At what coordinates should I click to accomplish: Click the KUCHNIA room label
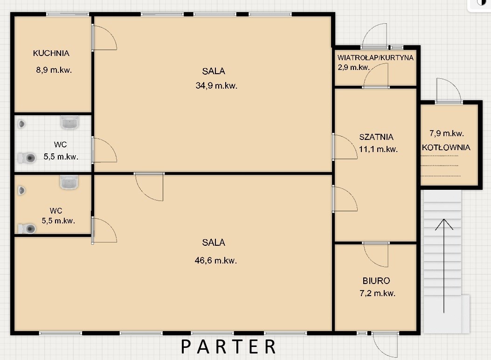pyautogui.click(x=51, y=53)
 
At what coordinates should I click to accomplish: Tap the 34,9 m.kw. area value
pyautogui.click(x=216, y=85)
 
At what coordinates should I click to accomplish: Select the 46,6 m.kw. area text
pyautogui.click(x=216, y=261)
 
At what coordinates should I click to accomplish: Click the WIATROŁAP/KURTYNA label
pyautogui.click(x=375, y=58)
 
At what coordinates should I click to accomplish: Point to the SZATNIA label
pyautogui.click(x=376, y=137)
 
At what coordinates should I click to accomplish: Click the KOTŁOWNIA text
pyautogui.click(x=446, y=147)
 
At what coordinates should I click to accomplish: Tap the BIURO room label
pyautogui.click(x=376, y=281)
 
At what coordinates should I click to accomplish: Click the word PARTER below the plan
pyautogui.click(x=228, y=346)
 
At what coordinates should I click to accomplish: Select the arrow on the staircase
pyautogui.click(x=444, y=266)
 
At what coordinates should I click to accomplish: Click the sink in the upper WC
pyautogui.click(x=69, y=122)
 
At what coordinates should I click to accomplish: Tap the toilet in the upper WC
pyautogui.click(x=27, y=158)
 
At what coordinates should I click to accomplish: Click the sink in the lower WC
pyautogui.click(x=69, y=182)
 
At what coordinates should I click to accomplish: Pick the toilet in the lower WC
pyautogui.click(x=27, y=228)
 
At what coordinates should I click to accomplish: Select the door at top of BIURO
pyautogui.click(x=376, y=254)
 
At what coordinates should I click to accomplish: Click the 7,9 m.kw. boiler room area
pyautogui.click(x=447, y=134)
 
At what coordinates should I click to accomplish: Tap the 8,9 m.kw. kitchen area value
pyautogui.click(x=54, y=70)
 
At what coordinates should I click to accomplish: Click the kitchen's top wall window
pyautogui.click(x=68, y=14)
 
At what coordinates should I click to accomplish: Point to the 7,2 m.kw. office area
pyautogui.click(x=377, y=293)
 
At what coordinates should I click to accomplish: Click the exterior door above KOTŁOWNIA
pyautogui.click(x=449, y=91)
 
